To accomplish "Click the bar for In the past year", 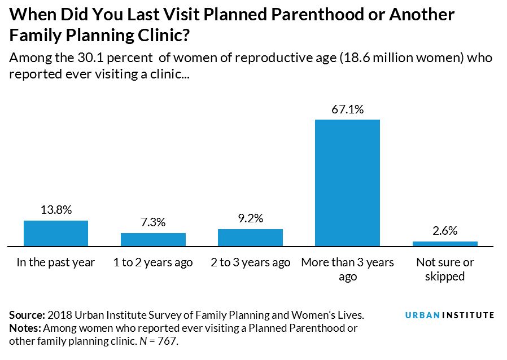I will click(x=56, y=233).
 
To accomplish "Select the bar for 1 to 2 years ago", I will click(x=153, y=239).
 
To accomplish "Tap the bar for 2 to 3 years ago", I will click(x=250, y=238).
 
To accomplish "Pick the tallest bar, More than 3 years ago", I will click(x=347, y=183).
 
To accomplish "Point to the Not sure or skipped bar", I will click(x=445, y=244).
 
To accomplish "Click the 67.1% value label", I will click(x=347, y=109).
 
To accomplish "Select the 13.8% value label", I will click(x=56, y=210).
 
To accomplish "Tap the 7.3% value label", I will click(x=153, y=222).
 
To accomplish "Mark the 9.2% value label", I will click(x=250, y=218).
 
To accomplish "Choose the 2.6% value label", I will click(x=445, y=231).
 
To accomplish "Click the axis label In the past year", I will click(x=56, y=262).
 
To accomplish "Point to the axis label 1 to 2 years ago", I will click(x=153, y=262).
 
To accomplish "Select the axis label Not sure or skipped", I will click(x=445, y=269).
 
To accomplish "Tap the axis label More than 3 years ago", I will click(x=347, y=269).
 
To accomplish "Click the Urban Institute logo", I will click(x=449, y=315).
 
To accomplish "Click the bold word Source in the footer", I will click(x=27, y=315).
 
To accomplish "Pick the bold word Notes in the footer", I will click(x=25, y=328).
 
